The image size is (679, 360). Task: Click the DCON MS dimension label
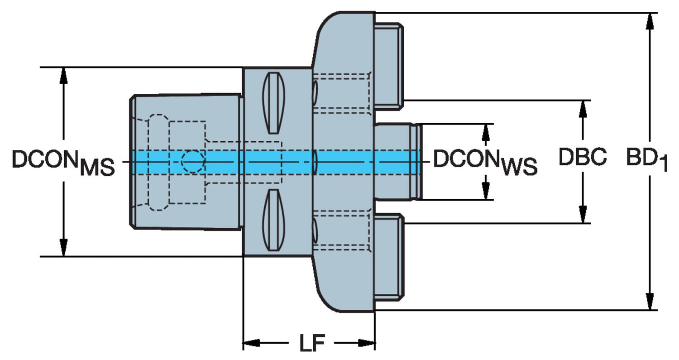pos(63,163)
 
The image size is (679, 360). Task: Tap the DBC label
pos(583,157)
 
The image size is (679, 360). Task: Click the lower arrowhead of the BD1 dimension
pos(650,302)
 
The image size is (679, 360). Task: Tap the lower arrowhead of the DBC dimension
pos(583,214)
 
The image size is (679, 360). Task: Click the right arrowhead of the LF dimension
pos(366,343)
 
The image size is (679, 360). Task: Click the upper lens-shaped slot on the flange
pos(273,103)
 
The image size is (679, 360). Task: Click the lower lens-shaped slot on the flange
pos(273,220)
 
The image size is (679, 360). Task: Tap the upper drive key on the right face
pos(388,66)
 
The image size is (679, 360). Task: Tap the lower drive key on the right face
pos(388,257)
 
